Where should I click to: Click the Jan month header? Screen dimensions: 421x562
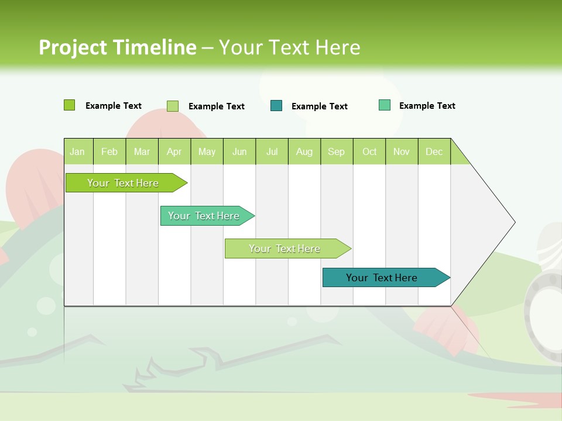click(77, 151)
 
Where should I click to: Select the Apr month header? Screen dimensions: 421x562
click(174, 151)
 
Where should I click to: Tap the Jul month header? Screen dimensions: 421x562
click(272, 151)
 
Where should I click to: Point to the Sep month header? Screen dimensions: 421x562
click(336, 151)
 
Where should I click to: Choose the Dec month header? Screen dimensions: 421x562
click(434, 151)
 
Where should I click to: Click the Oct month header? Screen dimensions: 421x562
click(369, 151)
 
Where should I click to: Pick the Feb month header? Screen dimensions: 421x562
click(109, 151)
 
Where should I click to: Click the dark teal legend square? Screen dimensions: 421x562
click(276, 106)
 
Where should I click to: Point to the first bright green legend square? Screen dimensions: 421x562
click(70, 105)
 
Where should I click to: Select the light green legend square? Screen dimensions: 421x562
click(173, 106)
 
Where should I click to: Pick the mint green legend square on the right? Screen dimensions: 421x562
click(385, 105)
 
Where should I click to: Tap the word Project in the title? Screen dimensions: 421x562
click(72, 47)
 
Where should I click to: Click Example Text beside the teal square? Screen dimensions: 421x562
click(319, 106)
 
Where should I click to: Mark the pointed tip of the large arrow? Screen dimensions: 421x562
click(514, 222)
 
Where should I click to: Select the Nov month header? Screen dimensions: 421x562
click(402, 151)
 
